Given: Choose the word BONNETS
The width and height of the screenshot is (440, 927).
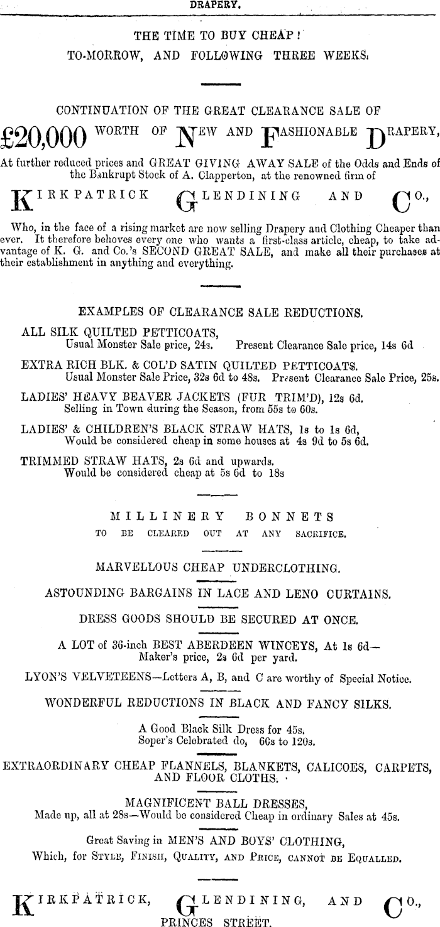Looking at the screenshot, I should click(x=289, y=517).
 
